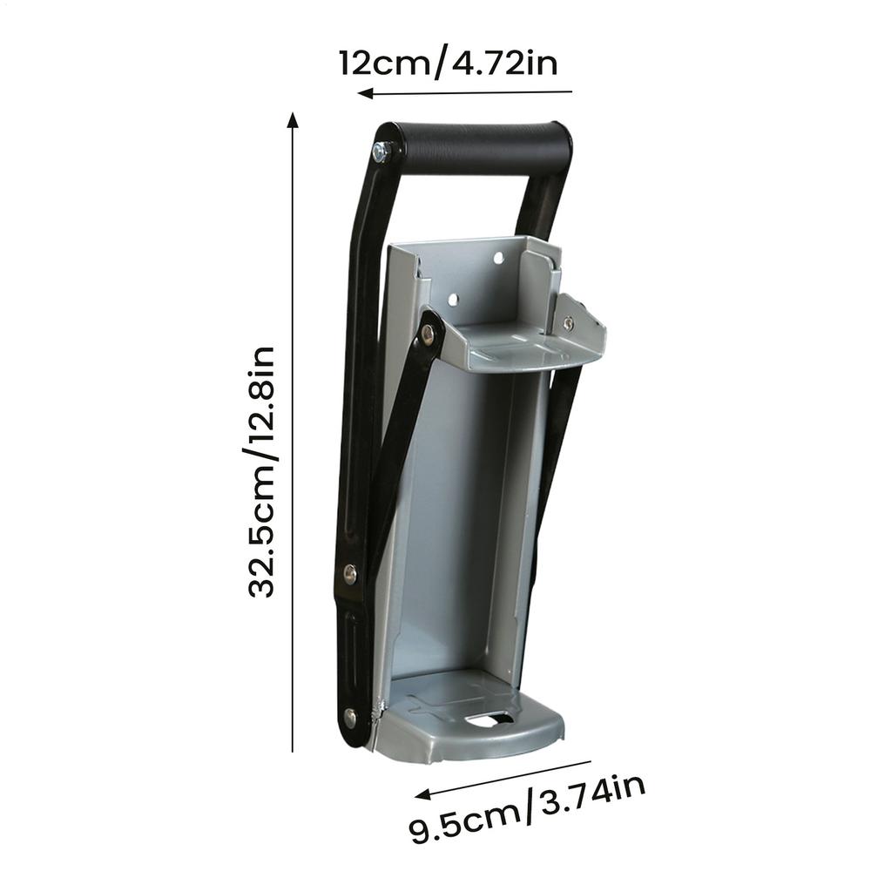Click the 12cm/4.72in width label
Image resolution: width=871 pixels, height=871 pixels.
tap(448, 64)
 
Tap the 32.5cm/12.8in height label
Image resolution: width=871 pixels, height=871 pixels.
tap(262, 471)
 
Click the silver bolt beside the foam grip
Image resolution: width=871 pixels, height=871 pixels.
tap(381, 152)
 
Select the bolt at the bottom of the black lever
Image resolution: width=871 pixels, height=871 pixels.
tap(350, 717)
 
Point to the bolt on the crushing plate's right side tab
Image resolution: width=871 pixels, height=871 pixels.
tap(568, 323)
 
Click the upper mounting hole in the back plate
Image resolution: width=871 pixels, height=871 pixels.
tap(498, 259)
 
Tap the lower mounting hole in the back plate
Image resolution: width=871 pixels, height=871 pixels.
tap(453, 300)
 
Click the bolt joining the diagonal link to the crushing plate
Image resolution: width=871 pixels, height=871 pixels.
tap(428, 332)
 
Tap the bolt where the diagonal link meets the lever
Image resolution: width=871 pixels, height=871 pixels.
tap(349, 572)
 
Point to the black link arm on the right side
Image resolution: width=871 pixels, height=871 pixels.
tap(553, 470)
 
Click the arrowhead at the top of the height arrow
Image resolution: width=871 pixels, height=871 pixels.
tap(294, 119)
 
